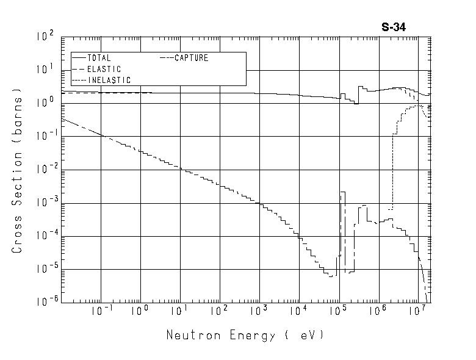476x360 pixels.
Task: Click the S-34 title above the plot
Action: point(394,27)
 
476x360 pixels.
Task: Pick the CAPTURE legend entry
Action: point(191,58)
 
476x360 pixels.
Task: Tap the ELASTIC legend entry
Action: point(104,69)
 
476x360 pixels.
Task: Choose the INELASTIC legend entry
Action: point(109,80)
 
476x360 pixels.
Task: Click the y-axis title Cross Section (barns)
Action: point(17,171)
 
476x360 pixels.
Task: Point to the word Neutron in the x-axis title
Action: point(189,335)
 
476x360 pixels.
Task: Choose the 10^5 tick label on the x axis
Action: point(339,311)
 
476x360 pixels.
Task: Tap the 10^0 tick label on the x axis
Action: point(142,311)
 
